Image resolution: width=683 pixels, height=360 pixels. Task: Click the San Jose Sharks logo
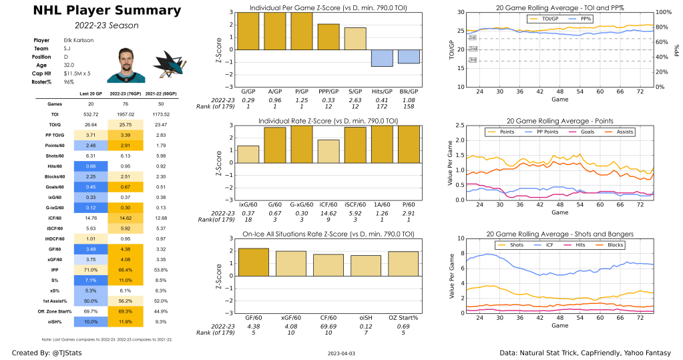pyautogui.click(x=166, y=65)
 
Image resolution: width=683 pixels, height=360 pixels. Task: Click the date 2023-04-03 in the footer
pyautogui.click(x=341, y=352)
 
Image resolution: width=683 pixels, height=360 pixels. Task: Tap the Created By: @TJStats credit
pyautogui.click(x=41, y=352)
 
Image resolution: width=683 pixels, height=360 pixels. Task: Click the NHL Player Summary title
pyautogui.click(x=97, y=11)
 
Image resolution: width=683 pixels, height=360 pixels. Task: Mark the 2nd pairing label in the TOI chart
pyautogui.click(x=473, y=49)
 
